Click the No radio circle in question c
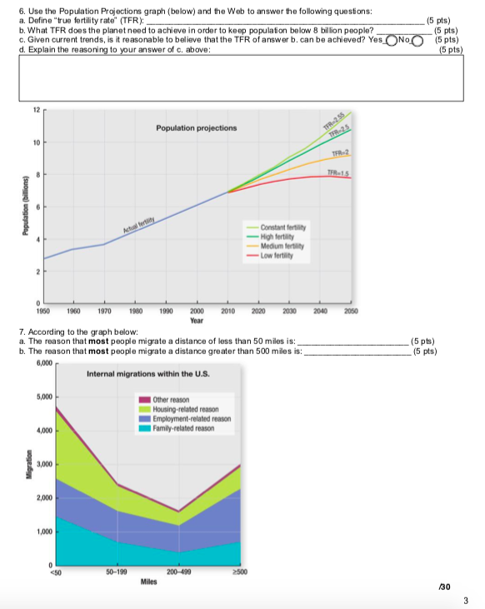(x=417, y=38)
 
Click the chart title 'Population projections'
(x=196, y=127)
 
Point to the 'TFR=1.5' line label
(x=337, y=171)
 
